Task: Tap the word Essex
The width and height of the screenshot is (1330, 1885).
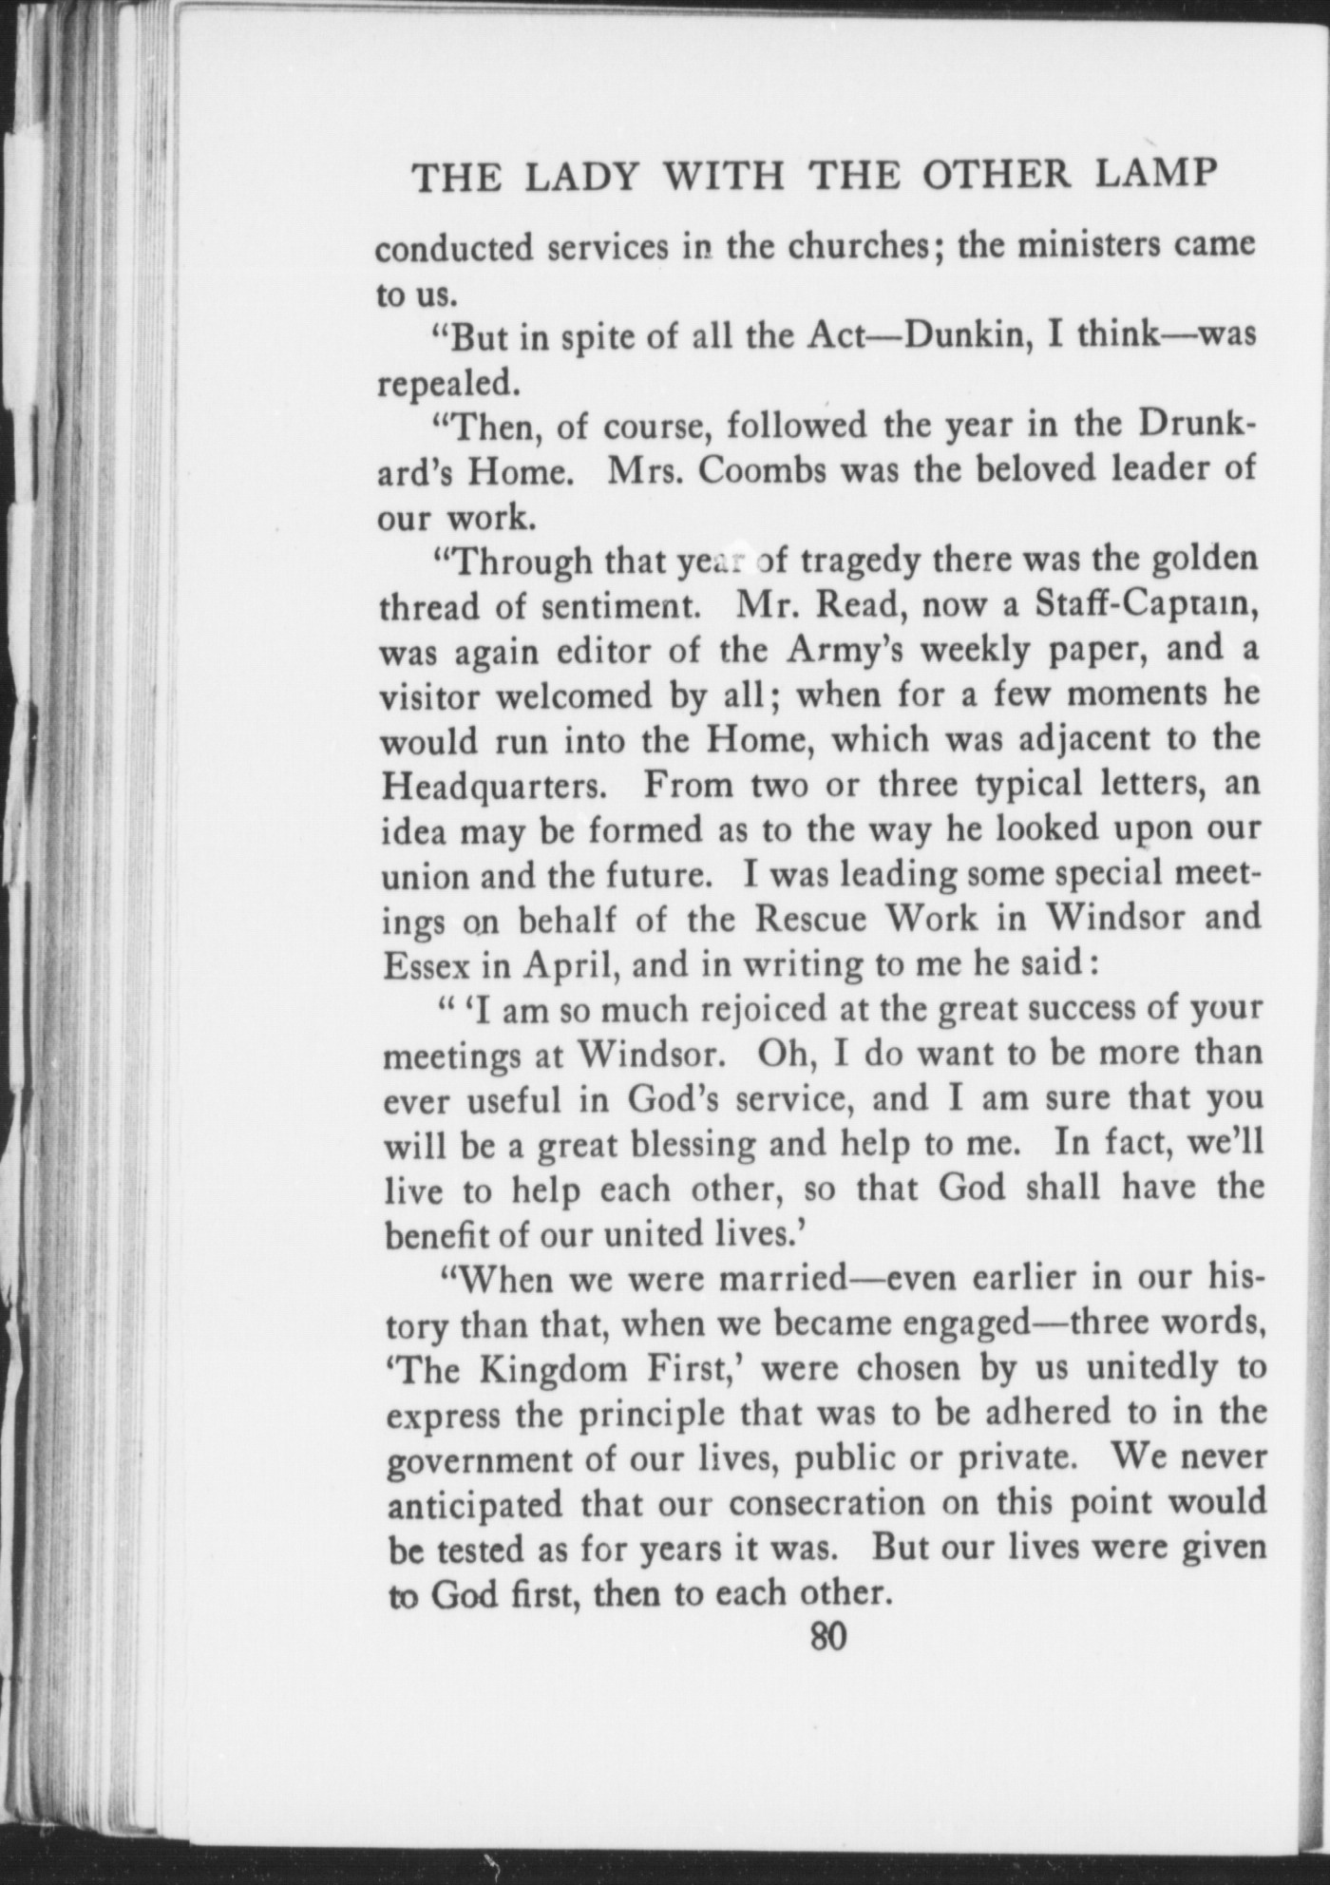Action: [x=425, y=965]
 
